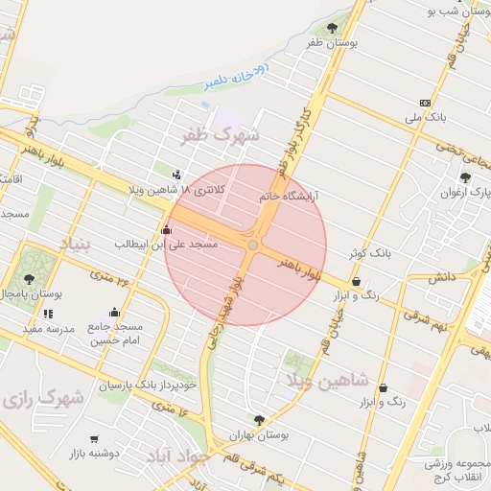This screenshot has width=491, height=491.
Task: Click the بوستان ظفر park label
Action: point(332,44)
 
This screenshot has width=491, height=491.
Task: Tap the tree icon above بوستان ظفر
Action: point(332,28)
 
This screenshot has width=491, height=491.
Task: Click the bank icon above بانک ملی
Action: point(425,103)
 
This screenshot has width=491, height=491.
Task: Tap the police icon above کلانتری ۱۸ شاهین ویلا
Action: point(176,175)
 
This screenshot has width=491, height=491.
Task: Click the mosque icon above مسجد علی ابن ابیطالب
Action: point(168,230)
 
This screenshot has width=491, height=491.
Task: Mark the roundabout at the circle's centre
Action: point(252,246)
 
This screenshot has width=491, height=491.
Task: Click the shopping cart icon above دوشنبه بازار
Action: point(93,438)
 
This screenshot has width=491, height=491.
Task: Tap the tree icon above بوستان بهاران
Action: point(259,419)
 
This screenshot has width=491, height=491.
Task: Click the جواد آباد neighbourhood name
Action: point(175,457)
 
